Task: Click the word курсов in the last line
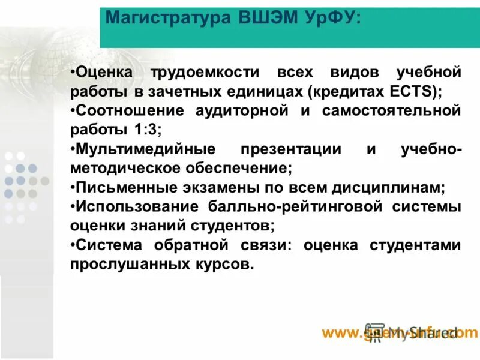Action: tap(226, 264)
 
